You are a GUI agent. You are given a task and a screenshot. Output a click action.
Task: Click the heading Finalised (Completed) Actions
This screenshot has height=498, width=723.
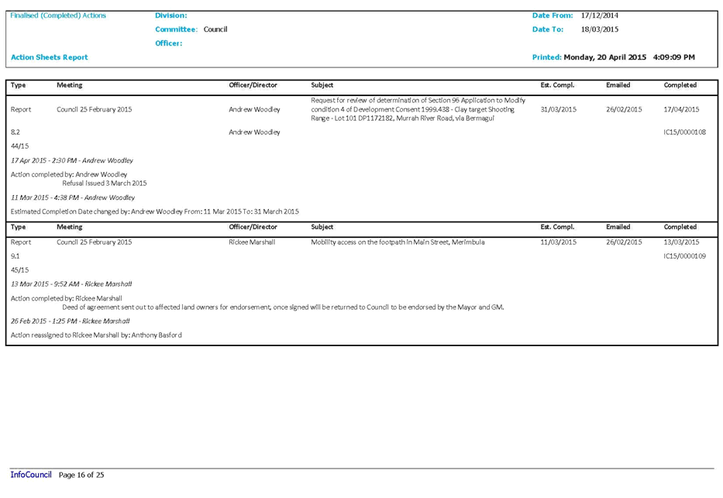[59, 15]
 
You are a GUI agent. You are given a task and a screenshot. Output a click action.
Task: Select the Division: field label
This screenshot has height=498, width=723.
[170, 15]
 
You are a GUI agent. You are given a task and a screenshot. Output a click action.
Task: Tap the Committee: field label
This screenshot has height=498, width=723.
[175, 29]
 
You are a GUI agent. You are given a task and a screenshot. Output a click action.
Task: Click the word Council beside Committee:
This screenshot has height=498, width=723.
[215, 29]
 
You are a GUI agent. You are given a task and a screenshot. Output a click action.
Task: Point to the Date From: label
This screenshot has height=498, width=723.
[553, 15]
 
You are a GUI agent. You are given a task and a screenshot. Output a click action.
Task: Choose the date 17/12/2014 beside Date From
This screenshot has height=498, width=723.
[599, 15]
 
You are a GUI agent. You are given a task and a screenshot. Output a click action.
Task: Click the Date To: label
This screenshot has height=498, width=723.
[548, 29]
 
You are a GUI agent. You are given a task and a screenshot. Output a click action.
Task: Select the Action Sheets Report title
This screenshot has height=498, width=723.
[49, 57]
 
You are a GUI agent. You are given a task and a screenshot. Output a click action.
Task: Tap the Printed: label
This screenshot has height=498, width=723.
[546, 57]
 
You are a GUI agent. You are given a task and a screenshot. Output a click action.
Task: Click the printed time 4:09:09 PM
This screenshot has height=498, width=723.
[674, 57]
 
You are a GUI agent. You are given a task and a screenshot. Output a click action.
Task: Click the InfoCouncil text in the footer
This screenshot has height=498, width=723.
[31, 474]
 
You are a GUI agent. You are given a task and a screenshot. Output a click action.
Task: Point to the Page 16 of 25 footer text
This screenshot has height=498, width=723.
[81, 474]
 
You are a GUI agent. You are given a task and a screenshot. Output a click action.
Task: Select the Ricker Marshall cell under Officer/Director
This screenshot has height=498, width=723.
[251, 242]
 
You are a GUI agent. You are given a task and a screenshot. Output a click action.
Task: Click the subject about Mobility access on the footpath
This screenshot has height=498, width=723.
[398, 242]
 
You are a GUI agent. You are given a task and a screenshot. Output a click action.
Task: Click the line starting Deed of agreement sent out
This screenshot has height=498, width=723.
[283, 307]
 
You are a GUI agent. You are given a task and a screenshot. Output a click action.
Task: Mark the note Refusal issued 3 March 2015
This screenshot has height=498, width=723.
[105, 183]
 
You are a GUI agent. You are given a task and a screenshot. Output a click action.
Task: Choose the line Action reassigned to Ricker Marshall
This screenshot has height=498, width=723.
[96, 335]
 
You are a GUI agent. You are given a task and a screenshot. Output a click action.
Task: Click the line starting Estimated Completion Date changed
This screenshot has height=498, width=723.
[155, 211]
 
